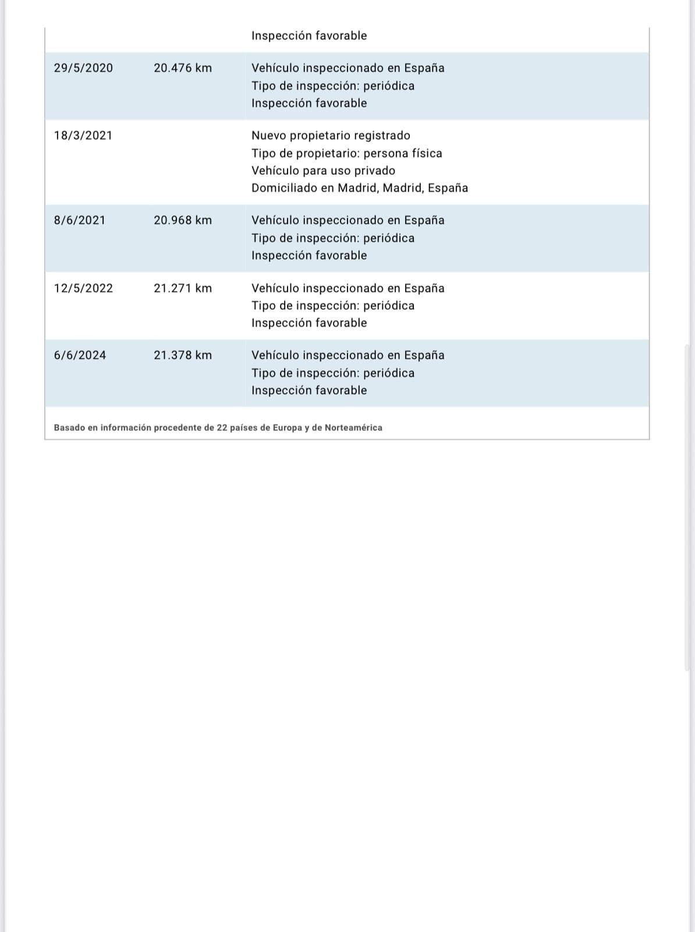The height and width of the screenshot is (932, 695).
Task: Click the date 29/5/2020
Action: (83, 68)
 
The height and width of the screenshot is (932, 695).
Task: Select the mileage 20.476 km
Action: (183, 68)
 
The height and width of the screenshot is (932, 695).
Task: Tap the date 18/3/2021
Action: (83, 136)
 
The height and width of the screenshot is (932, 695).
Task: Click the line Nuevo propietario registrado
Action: (331, 136)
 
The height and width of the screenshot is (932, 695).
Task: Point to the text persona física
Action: (403, 153)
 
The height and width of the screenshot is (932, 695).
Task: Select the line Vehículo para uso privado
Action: (323, 171)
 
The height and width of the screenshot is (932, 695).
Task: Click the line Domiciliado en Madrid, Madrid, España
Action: (360, 188)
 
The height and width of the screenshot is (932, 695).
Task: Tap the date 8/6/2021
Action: (80, 221)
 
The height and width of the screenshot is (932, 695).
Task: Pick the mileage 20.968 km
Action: (183, 221)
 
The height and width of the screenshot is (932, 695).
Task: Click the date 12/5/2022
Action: (83, 288)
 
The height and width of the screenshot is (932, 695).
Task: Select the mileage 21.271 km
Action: (183, 288)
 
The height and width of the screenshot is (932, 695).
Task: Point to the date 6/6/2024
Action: (80, 355)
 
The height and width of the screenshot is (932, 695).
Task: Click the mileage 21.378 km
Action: (183, 355)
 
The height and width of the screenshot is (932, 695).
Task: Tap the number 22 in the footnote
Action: (222, 428)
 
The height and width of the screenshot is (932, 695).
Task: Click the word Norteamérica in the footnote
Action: (353, 428)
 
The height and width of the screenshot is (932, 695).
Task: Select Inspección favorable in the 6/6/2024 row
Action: (309, 390)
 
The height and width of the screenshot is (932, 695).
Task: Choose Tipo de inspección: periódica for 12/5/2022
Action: (333, 306)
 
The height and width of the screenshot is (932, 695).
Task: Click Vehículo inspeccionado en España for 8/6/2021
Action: (347, 221)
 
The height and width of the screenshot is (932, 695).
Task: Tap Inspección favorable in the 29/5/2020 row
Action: (309, 103)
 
